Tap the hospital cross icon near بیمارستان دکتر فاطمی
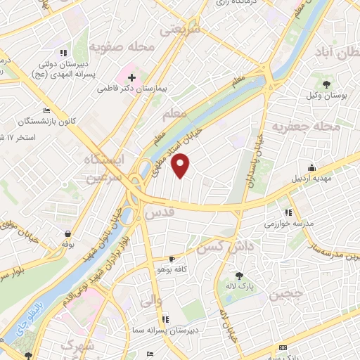click(131, 76)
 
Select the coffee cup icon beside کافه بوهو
click(172, 259)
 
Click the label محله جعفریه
click(302, 127)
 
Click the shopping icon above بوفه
click(67, 234)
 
